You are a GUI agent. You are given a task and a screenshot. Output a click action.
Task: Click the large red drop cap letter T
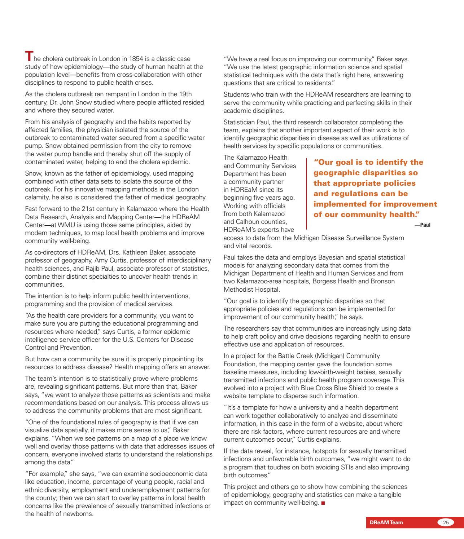coord(29,56)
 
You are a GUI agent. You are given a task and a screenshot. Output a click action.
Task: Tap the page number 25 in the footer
coord(446,522)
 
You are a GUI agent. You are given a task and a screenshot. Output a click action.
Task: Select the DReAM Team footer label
coord(386,522)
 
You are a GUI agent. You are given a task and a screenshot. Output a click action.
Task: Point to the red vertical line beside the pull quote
coord(306,193)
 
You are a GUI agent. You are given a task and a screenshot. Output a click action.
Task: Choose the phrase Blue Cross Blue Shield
coord(340,388)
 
